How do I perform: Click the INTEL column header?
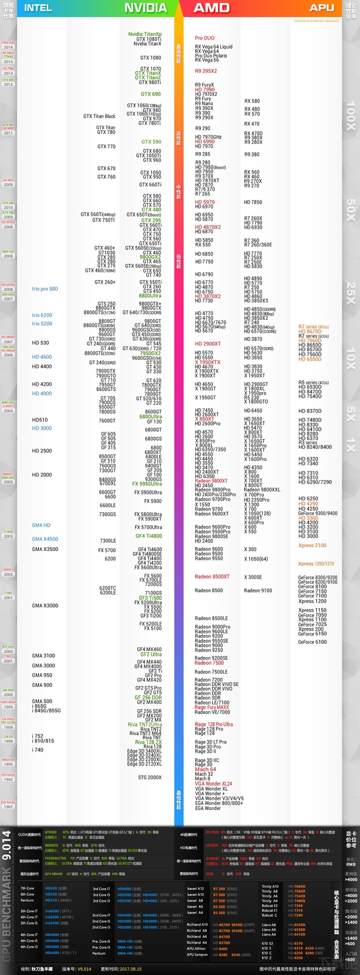tap(38, 8)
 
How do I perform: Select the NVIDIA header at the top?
tap(145, 8)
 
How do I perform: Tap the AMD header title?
tap(212, 8)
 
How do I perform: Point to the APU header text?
tap(322, 8)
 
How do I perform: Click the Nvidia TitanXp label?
tap(145, 34)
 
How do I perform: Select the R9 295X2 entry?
tap(206, 71)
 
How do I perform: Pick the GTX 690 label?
tap(151, 94)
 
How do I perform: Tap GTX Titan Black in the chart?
tap(99, 116)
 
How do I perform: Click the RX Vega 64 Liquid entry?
tap(214, 47)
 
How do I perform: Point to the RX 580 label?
tap(252, 101)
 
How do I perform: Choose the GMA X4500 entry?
tap(45, 539)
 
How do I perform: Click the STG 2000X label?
tap(149, 777)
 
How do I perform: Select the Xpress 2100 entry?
tap(312, 545)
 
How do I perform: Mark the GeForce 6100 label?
tap(312, 642)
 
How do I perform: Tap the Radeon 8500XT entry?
tap(212, 577)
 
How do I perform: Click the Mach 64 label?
tap(205, 769)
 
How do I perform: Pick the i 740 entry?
tap(38, 750)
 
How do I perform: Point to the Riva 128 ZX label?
tap(148, 742)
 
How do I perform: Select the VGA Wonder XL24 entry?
tap(213, 784)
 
